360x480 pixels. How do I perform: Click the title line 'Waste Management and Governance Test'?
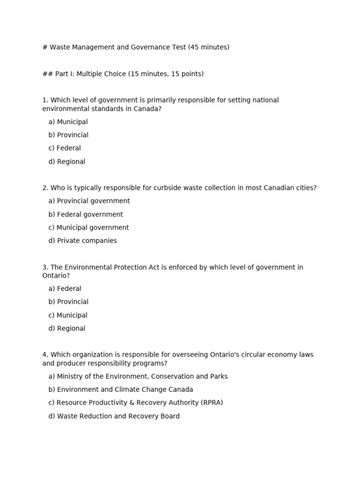pyautogui.click(x=135, y=47)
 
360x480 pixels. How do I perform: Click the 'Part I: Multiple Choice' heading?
pyautogui.click(x=123, y=74)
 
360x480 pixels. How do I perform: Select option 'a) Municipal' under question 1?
pyautogui.click(x=68, y=122)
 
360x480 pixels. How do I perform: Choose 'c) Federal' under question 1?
pyautogui.click(x=65, y=148)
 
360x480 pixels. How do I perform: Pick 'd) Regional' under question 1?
pyautogui.click(x=67, y=162)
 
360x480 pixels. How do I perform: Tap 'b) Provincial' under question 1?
pyautogui.click(x=68, y=135)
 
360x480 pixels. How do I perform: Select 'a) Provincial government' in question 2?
pyautogui.click(x=89, y=201)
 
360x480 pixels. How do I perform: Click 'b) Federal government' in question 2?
pyautogui.click(x=86, y=215)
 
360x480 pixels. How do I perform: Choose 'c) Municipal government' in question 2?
pyautogui.click(x=89, y=228)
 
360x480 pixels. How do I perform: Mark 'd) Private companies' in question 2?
pyautogui.click(x=82, y=241)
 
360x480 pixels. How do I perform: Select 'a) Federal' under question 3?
pyautogui.click(x=65, y=289)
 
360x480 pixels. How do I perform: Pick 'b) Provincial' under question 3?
pyautogui.click(x=68, y=302)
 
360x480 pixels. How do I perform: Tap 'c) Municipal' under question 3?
pyautogui.click(x=68, y=315)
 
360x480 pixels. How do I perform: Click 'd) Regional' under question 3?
pyautogui.click(x=67, y=329)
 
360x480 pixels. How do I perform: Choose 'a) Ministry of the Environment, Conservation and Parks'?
pyautogui.click(x=138, y=376)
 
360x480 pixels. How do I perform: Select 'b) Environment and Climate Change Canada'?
pyautogui.click(x=120, y=390)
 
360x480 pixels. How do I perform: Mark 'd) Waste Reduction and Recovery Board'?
pyautogui.click(x=114, y=416)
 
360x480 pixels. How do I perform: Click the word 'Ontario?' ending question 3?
pyautogui.click(x=56, y=276)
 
